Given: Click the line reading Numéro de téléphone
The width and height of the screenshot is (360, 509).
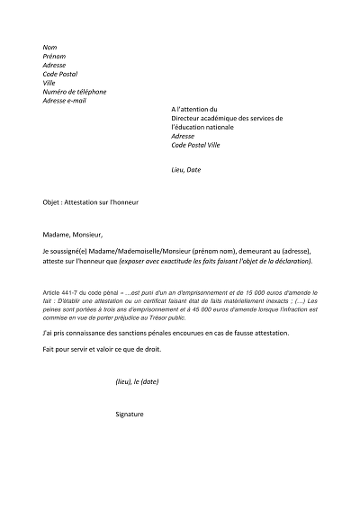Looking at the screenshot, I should click(x=75, y=91).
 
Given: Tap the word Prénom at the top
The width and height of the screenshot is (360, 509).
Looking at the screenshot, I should click(x=54, y=55).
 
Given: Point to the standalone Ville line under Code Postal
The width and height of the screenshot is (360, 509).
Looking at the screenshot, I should click(x=49, y=82).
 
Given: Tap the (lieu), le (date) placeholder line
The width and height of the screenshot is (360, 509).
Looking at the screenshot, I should click(x=138, y=381).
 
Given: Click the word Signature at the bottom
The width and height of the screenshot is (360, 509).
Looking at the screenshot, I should click(x=130, y=414).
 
